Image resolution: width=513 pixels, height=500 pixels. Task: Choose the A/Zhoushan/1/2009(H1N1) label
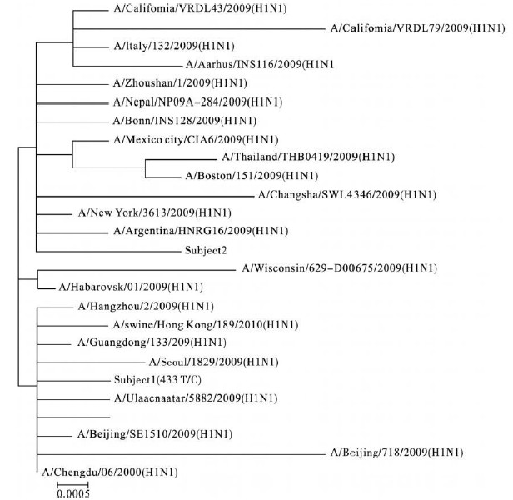[x=172, y=83]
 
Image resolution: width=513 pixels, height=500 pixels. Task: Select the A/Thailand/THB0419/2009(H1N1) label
[x=308, y=157]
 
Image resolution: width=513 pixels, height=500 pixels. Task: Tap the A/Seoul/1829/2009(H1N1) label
[x=213, y=361]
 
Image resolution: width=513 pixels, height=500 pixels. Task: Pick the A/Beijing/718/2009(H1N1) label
[x=396, y=452]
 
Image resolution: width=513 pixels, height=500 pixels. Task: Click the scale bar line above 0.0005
[x=72, y=483]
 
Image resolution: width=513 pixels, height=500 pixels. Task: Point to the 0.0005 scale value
[x=72, y=493]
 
